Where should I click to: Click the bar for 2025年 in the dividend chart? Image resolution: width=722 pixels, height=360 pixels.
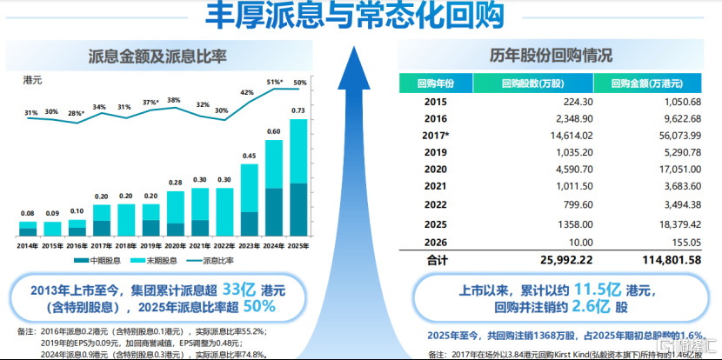pos(298,177)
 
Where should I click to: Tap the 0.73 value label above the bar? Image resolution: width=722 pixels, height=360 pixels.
pos(298,110)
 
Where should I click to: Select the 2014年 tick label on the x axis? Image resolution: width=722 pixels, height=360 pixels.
pos(28,246)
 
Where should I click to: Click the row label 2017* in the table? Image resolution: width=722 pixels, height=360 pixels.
pos(436,137)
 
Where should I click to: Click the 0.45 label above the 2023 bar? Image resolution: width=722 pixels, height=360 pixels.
pos(249,157)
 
